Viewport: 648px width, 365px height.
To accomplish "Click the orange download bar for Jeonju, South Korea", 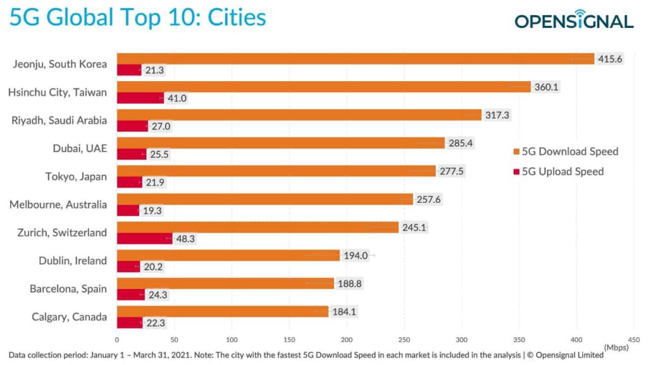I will (x=354, y=59).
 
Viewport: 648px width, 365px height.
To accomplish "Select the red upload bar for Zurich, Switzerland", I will (x=144, y=238).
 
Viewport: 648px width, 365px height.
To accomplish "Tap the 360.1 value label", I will (x=546, y=87).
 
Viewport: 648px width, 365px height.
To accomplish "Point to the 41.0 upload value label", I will (x=177, y=98).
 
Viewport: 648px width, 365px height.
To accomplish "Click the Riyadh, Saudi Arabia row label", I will (x=59, y=120).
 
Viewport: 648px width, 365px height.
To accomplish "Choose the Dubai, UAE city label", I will (x=80, y=148).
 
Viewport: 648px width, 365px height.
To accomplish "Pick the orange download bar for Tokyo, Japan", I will (x=276, y=170).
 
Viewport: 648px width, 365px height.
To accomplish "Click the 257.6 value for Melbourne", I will (x=428, y=199).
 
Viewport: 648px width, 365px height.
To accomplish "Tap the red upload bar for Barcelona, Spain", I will (x=130, y=294).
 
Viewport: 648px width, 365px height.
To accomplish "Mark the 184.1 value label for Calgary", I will (x=344, y=311).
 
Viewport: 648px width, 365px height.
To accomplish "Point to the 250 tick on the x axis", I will (x=404, y=339).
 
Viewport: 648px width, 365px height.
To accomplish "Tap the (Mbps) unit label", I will (x=616, y=347).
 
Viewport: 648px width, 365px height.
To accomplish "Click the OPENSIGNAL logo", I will (x=573, y=21).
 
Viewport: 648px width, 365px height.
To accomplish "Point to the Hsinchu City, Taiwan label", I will (x=57, y=93).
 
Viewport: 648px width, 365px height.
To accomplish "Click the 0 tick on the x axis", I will (x=117, y=339).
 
